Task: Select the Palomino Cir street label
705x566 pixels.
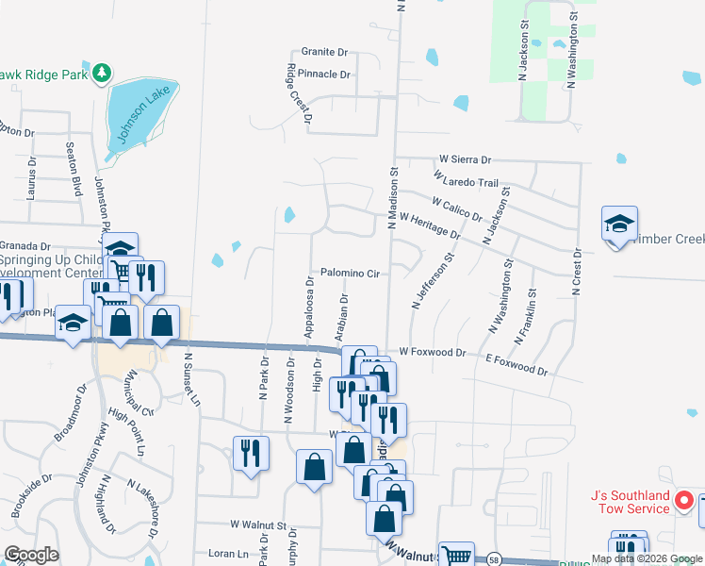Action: (349, 274)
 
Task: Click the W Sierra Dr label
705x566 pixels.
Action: (466, 161)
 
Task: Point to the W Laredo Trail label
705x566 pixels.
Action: (466, 178)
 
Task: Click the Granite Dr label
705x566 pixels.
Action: (325, 52)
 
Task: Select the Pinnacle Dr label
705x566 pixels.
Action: (325, 74)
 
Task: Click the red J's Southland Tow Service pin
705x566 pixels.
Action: (685, 501)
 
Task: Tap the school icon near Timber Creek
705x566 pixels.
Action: (619, 225)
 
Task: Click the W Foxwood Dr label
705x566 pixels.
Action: (432, 352)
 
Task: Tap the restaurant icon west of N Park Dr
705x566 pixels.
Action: (250, 454)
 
